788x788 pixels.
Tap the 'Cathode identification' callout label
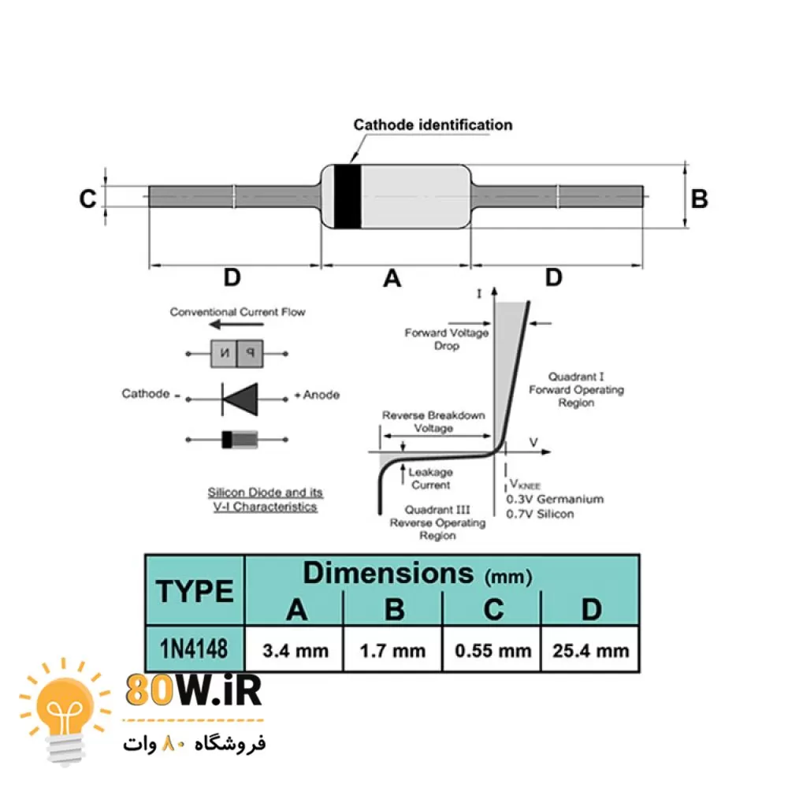pos(433,125)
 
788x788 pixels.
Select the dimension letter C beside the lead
pos(87,199)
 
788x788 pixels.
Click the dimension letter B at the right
pos(699,199)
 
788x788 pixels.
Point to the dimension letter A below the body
pos(392,278)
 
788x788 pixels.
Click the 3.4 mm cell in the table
pos(295,650)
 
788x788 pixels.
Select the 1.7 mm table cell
pos(392,650)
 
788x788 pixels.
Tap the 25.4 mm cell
pos(591,650)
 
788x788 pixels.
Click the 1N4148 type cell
pos(195,649)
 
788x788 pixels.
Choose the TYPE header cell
pos(195,590)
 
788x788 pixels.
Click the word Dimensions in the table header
pos(388,573)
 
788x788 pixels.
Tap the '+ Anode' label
pos(317,395)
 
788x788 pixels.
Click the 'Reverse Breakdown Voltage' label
pos(433,422)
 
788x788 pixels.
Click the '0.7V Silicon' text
pos(540,514)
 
